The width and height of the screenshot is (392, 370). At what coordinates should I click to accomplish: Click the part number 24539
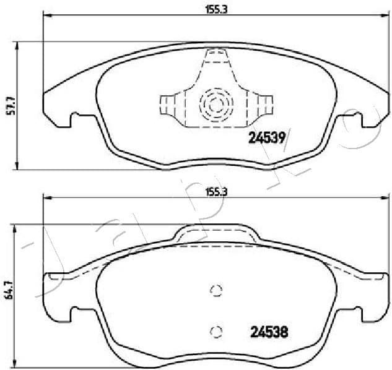tap(266, 139)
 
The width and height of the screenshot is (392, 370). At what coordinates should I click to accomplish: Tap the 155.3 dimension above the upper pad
tap(214, 9)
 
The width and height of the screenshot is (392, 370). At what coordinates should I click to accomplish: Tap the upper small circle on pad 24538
tap(216, 291)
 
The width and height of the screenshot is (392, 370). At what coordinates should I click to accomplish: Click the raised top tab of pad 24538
tap(215, 234)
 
